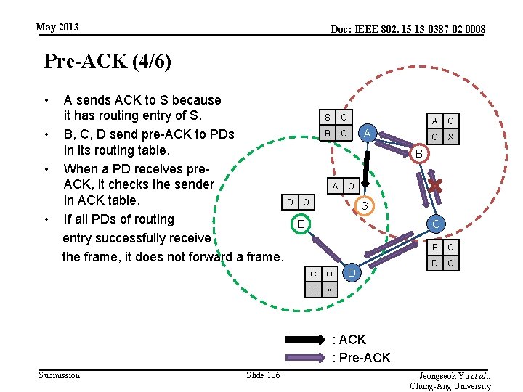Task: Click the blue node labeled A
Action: [x=368, y=134]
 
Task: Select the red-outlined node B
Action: [x=418, y=154]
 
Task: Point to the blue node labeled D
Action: [x=351, y=272]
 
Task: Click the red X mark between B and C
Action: [x=434, y=187]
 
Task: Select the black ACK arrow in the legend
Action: [x=304, y=340]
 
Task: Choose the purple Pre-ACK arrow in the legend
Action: [x=304, y=357]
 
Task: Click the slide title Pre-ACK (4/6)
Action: [x=108, y=61]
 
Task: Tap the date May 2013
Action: [x=57, y=28]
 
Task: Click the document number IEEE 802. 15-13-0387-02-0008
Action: [x=408, y=29]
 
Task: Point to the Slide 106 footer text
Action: [x=263, y=375]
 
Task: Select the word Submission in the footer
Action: [x=60, y=375]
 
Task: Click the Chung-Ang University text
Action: [x=450, y=386]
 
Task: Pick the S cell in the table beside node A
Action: [x=327, y=118]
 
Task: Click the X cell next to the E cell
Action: [x=329, y=290]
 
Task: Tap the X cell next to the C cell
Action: [x=450, y=136]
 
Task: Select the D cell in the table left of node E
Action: [x=290, y=201]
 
